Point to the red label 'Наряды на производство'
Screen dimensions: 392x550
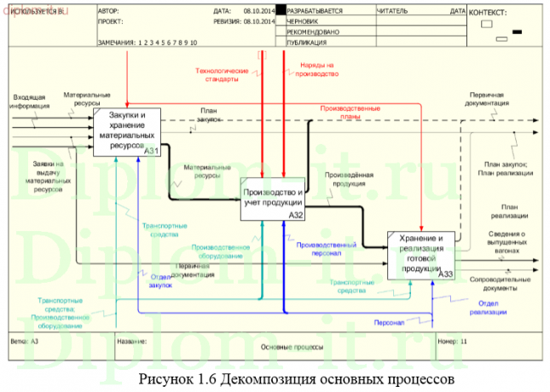[x=317, y=69]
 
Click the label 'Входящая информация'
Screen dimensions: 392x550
[x=29, y=101]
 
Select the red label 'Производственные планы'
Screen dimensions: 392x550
[x=350, y=112]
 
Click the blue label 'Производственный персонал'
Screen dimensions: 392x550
[x=319, y=248]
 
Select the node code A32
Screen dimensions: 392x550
[x=296, y=216]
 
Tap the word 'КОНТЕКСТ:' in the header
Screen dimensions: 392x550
[x=489, y=13]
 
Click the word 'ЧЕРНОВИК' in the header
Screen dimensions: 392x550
[x=305, y=21]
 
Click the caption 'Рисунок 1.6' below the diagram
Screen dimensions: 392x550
[x=177, y=378]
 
